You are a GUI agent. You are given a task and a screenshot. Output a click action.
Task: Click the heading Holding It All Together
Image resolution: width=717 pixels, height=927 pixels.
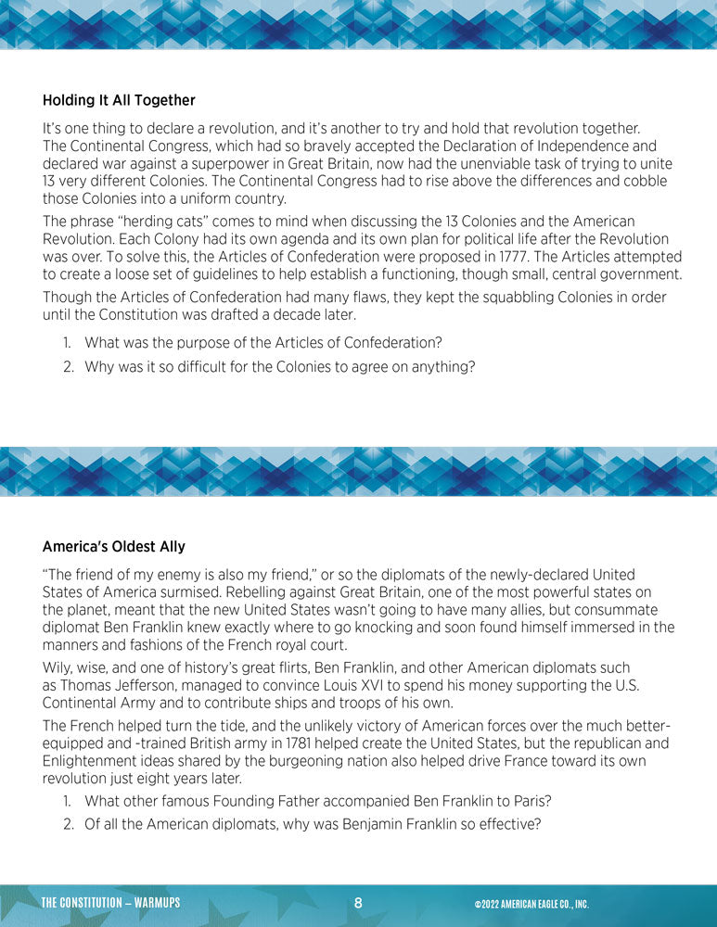click(x=119, y=100)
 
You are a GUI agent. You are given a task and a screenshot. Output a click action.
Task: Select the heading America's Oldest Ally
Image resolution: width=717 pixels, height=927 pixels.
click(x=115, y=547)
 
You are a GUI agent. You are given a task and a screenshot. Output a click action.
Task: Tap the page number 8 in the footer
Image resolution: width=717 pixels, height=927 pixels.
click(x=358, y=903)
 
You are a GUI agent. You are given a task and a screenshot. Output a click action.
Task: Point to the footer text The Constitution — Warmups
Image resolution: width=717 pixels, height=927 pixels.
click(x=110, y=903)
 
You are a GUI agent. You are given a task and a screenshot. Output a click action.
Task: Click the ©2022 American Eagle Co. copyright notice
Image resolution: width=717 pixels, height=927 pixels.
click(x=531, y=904)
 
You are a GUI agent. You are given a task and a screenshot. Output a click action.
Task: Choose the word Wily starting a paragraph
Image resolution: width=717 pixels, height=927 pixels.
click(x=58, y=667)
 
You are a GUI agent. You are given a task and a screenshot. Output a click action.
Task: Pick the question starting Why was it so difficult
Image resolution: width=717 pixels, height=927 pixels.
click(x=279, y=366)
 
